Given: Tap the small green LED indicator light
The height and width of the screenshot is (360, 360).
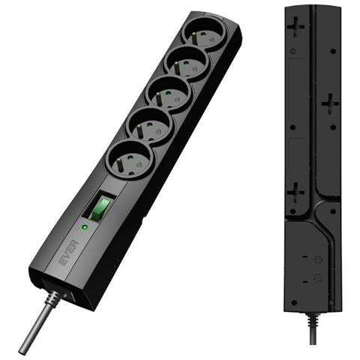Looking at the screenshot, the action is pyautogui.click(x=85, y=227).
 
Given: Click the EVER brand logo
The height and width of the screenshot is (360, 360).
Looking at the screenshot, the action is pyautogui.click(x=69, y=253).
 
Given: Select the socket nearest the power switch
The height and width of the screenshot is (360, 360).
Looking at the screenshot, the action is pyautogui.click(x=129, y=160).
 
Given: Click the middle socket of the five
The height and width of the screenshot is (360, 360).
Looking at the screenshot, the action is pyautogui.click(x=169, y=96).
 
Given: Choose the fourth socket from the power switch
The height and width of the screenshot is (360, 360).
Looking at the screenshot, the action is pyautogui.click(x=187, y=64).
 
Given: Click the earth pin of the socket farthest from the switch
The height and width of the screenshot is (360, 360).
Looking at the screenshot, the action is pyautogui.click(x=194, y=37).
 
